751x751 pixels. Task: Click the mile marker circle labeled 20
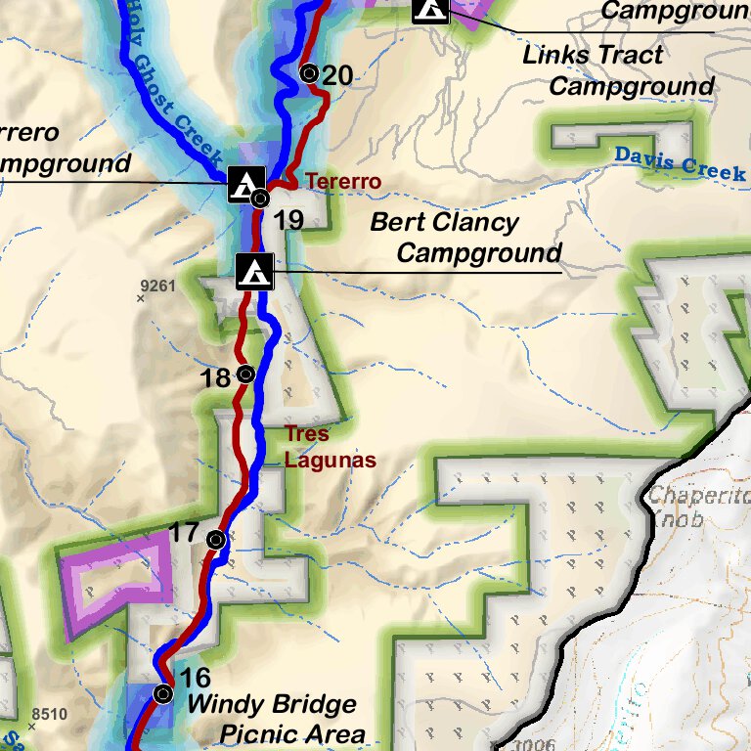[309, 72]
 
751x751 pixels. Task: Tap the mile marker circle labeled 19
[260, 199]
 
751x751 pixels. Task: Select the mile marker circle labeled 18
[245, 374]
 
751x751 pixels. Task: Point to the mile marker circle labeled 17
[216, 539]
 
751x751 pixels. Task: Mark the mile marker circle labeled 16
[163, 693]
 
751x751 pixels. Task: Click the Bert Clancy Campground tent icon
[255, 271]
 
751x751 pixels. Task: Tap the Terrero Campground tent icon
[245, 183]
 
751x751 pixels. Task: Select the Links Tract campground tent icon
[430, 9]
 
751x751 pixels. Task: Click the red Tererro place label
[343, 182]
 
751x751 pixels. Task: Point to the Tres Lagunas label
[316, 446]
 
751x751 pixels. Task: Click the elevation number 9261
[157, 286]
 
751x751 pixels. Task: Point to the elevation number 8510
[49, 714]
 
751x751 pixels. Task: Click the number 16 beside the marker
[196, 678]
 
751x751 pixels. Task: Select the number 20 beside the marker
[337, 74]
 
